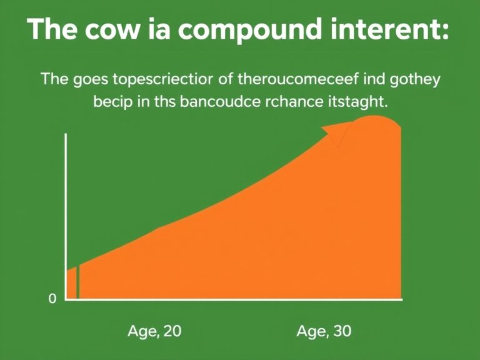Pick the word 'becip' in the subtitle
coord(113,102)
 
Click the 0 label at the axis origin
coord(52,298)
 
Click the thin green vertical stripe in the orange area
coord(77,282)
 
